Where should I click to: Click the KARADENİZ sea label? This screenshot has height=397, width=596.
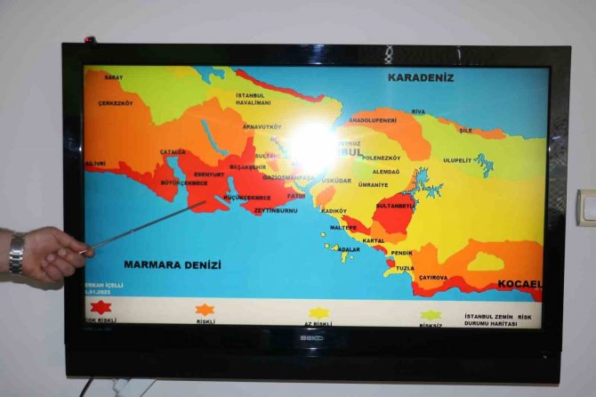point(420,77)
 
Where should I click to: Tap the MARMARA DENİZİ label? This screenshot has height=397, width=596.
point(173,264)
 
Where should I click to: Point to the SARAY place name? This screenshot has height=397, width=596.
point(113,78)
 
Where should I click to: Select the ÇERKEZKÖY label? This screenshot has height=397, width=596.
point(116,103)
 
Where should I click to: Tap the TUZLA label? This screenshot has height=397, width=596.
point(405,268)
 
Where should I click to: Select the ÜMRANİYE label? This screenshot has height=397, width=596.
point(373,184)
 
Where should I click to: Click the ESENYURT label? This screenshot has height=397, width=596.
point(209,174)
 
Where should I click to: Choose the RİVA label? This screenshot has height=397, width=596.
point(418,111)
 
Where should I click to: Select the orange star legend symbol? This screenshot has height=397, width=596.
point(205,310)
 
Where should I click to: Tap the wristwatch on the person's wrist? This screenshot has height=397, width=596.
point(16,253)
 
